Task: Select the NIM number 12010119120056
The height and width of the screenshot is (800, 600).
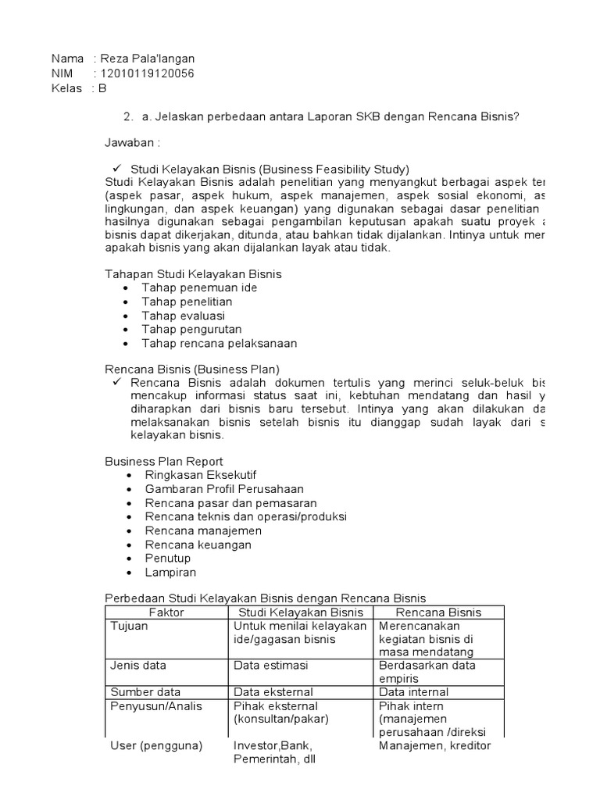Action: [x=146, y=73]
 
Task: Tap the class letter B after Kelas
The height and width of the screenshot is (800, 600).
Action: [x=102, y=88]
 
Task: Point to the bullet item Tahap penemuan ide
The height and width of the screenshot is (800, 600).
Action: [x=199, y=287]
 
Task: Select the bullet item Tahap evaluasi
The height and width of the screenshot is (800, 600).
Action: [x=183, y=316]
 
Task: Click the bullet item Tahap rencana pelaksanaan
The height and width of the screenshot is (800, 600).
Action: [x=219, y=343]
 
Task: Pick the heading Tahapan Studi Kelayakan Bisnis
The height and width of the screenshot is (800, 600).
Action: [x=193, y=273]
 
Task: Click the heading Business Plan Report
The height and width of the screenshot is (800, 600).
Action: [x=164, y=461]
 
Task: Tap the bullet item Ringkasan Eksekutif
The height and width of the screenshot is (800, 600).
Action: [x=201, y=475]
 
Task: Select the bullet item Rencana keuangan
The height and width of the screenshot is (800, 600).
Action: [x=198, y=545]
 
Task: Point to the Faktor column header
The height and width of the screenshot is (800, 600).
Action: [x=166, y=612]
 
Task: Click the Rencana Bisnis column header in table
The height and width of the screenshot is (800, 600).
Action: [x=439, y=612]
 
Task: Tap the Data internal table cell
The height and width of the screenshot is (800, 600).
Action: [x=414, y=692]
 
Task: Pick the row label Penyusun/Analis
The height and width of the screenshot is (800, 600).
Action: [x=156, y=706]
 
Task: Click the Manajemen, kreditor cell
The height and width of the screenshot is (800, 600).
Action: [x=434, y=746]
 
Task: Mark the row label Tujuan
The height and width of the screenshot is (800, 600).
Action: [x=129, y=626]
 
